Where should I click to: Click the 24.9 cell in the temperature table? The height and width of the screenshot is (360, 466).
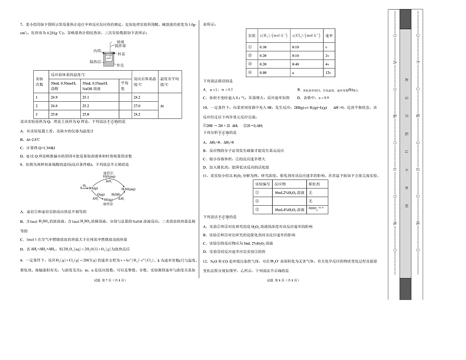[54, 97]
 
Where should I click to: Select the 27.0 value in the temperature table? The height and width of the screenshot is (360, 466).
[137, 106]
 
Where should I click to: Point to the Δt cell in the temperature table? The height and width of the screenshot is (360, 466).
[163, 106]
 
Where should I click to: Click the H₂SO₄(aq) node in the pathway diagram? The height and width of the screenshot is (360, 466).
[129, 189]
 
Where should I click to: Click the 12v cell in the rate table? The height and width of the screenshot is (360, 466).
[329, 72]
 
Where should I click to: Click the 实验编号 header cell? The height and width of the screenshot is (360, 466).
[262, 183]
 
